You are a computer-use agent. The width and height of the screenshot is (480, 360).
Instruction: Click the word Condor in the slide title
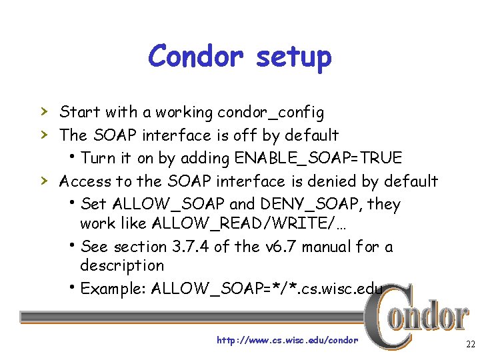click(197, 56)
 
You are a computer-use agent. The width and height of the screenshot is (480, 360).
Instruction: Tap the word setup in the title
click(293, 57)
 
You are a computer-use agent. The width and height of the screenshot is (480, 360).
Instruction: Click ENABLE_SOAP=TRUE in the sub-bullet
click(317, 158)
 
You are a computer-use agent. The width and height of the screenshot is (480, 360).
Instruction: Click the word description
click(122, 265)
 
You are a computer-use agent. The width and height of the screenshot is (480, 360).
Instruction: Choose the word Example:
click(113, 289)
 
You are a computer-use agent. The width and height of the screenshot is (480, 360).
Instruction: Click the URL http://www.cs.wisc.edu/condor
click(287, 340)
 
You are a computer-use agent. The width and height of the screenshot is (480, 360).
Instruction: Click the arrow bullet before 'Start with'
click(43, 111)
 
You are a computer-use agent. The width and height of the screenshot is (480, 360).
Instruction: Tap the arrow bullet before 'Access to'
click(43, 181)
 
